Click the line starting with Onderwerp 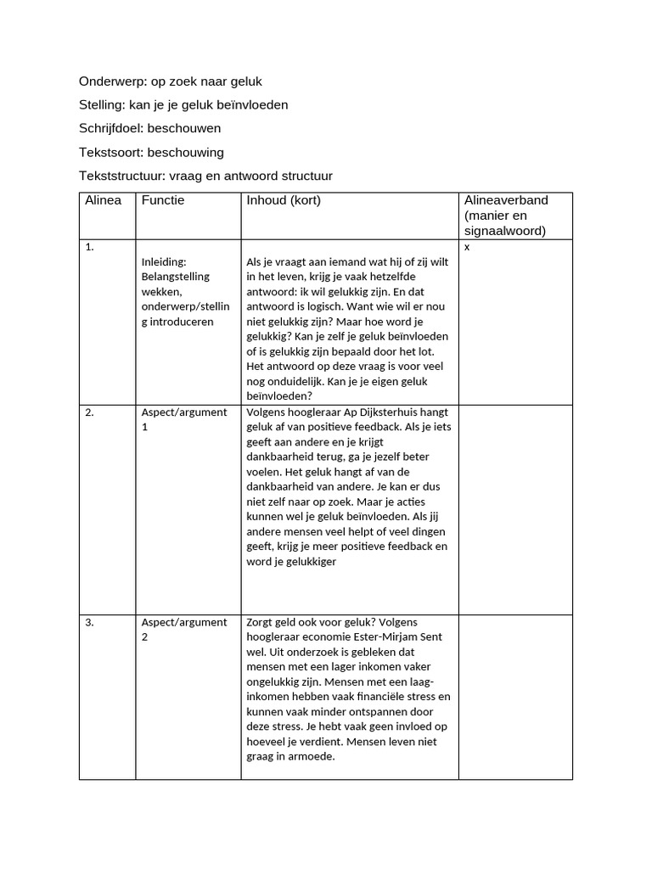click(x=171, y=81)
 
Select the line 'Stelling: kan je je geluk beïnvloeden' click(x=183, y=105)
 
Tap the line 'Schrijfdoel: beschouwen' click(x=149, y=129)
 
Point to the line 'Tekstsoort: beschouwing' click(x=151, y=153)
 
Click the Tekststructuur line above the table click(x=205, y=177)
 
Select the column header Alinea click(x=104, y=200)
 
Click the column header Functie click(x=163, y=200)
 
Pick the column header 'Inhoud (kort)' click(x=284, y=200)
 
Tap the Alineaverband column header click(x=506, y=216)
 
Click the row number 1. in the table click(x=89, y=247)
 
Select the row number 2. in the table click(x=90, y=412)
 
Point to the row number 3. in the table click(x=90, y=622)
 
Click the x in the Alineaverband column click(x=467, y=247)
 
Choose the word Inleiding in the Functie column click(x=164, y=261)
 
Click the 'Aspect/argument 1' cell click(x=184, y=419)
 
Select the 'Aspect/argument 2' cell click(x=184, y=629)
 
